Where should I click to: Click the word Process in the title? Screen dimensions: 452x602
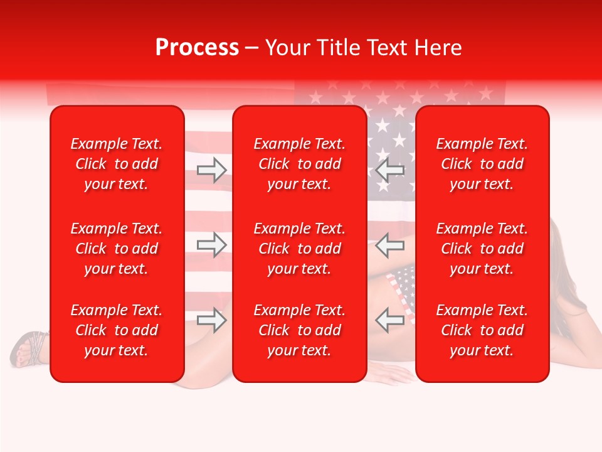click(x=197, y=48)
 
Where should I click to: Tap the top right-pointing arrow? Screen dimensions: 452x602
click(x=211, y=169)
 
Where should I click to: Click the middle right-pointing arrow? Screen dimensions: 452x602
click(x=211, y=245)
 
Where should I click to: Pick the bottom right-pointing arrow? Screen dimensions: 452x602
click(x=211, y=320)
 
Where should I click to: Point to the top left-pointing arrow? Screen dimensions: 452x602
click(x=390, y=169)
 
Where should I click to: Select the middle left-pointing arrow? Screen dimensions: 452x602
click(x=390, y=245)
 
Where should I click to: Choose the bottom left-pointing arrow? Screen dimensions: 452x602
click(x=390, y=320)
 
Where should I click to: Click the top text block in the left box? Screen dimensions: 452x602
click(x=117, y=164)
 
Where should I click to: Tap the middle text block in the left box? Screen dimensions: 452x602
click(x=117, y=249)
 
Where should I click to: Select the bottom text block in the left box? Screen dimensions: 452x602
click(x=117, y=330)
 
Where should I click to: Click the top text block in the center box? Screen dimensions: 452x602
click(x=300, y=164)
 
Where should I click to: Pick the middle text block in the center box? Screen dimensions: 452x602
click(x=300, y=249)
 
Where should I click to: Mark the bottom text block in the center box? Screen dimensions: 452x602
click(x=300, y=330)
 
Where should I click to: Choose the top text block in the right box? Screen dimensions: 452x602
click(x=482, y=164)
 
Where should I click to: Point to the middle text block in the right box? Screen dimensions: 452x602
click(x=482, y=249)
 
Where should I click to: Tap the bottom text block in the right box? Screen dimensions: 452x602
click(x=482, y=330)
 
